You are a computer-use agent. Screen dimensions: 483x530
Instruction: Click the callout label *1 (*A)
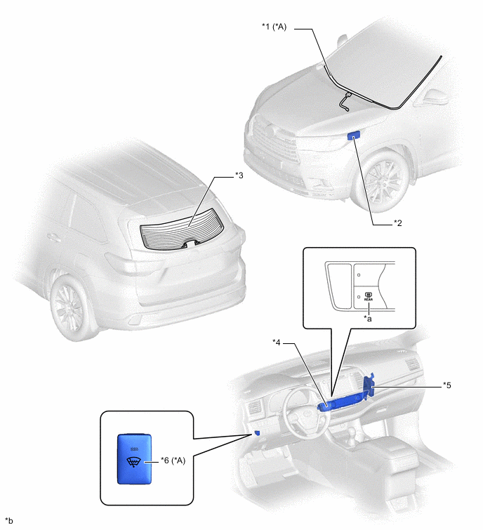tap(274, 27)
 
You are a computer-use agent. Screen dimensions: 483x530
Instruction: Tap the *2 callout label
tap(398, 223)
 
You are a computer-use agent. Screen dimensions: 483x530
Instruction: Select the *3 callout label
tap(239, 175)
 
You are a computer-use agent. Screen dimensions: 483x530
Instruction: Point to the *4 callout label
tap(277, 343)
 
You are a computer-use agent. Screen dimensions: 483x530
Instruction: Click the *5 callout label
tap(446, 385)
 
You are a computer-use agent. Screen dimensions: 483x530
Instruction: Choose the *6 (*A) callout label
tap(173, 461)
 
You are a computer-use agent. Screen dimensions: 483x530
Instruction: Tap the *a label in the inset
tap(367, 319)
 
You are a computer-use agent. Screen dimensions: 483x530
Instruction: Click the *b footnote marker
tap(9, 521)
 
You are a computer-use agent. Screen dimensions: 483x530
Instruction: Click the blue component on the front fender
tap(354, 135)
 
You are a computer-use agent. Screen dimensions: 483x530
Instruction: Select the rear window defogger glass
tap(182, 229)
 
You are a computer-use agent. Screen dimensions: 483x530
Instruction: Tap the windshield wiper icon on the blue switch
tap(134, 462)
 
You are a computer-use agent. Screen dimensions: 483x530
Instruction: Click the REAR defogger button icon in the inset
tap(369, 296)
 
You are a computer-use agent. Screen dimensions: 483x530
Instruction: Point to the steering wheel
tap(306, 412)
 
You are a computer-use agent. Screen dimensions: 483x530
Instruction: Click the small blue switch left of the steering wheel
tap(257, 432)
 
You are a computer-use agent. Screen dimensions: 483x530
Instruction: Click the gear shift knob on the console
tap(352, 431)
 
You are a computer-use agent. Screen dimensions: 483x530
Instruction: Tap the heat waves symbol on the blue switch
tap(134, 449)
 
